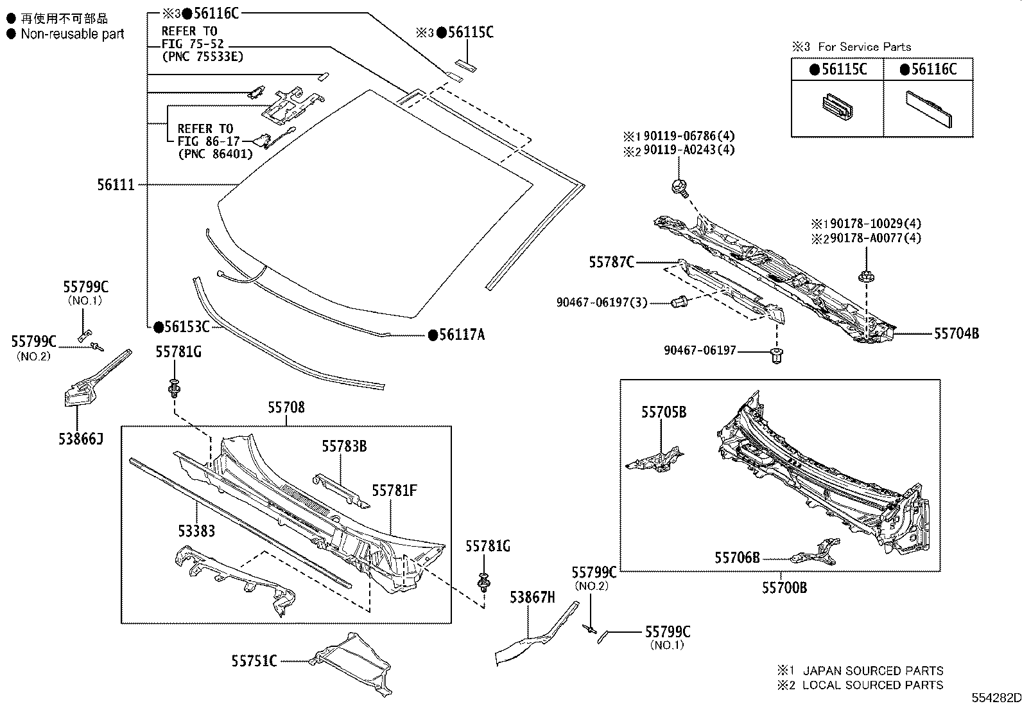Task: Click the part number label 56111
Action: click(x=116, y=185)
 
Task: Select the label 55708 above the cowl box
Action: click(x=286, y=407)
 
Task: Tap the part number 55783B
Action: click(x=344, y=446)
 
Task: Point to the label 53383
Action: click(x=196, y=531)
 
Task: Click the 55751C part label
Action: click(x=254, y=660)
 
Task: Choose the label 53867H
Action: click(x=532, y=597)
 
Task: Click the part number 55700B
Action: click(x=784, y=587)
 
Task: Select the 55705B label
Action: click(x=663, y=412)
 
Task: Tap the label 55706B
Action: click(x=737, y=558)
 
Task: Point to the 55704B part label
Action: click(x=956, y=333)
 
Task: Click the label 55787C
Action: click(x=612, y=261)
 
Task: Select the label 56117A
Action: click(x=461, y=335)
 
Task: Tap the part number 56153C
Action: click(x=186, y=327)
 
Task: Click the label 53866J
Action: click(x=80, y=439)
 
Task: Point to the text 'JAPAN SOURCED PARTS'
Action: click(x=873, y=671)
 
